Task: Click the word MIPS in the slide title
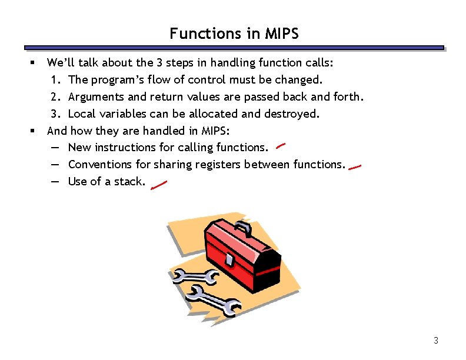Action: (x=282, y=34)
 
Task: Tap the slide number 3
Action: (x=436, y=340)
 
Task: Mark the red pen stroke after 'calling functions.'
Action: (x=281, y=145)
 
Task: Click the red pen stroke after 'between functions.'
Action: (x=355, y=167)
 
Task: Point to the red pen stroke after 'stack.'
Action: (x=159, y=185)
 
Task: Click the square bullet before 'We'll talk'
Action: (x=34, y=62)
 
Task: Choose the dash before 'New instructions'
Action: (x=55, y=148)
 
